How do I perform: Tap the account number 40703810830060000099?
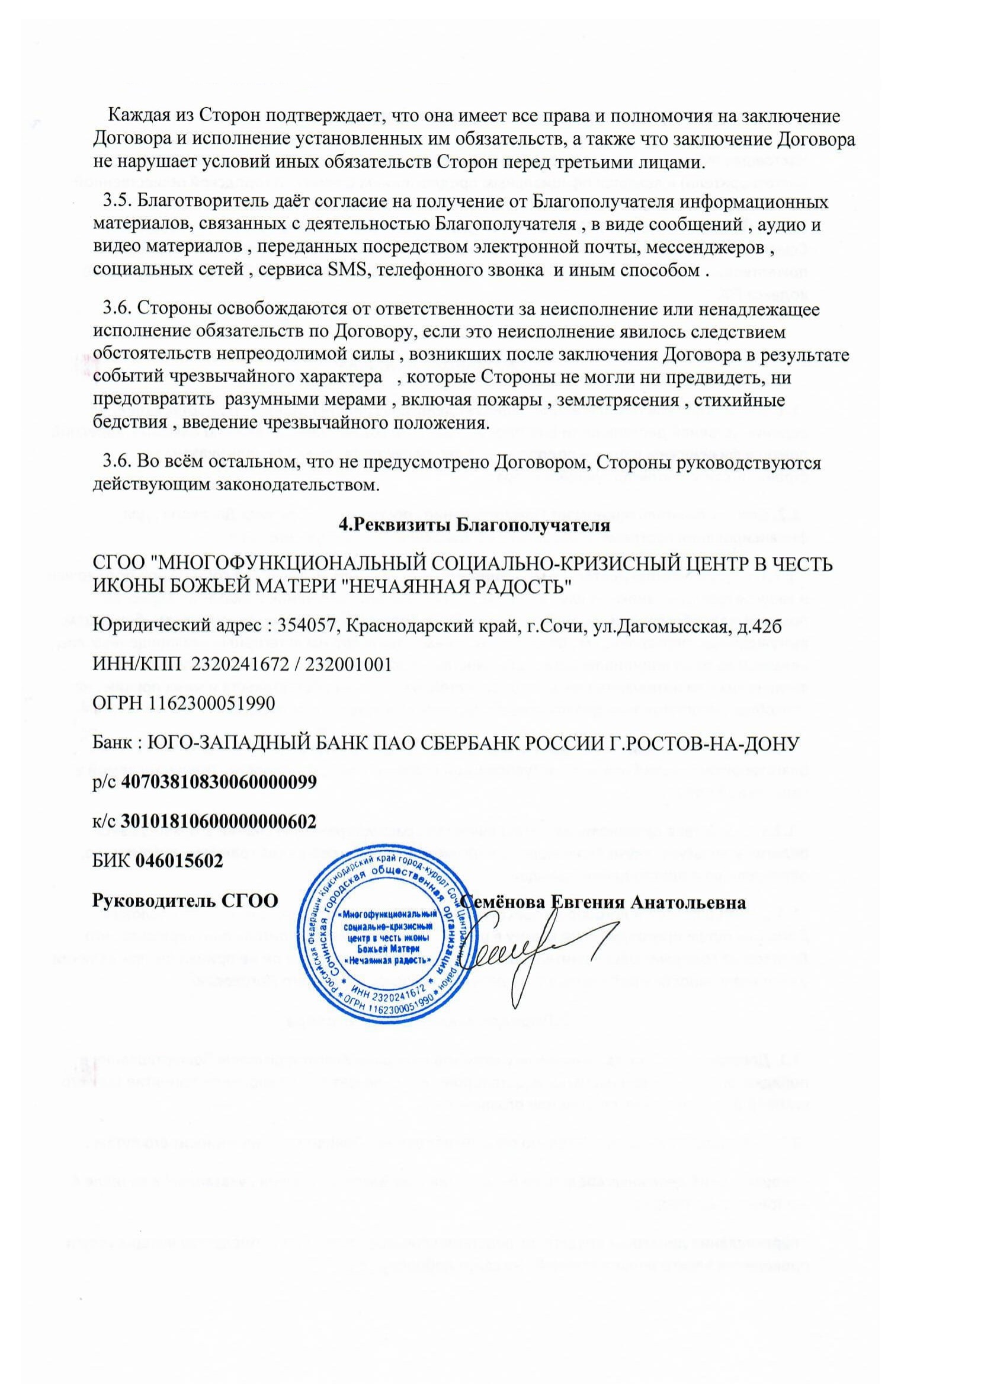219,782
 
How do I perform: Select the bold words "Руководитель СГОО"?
185,901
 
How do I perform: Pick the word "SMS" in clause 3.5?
344,270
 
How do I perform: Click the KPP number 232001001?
346,665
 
